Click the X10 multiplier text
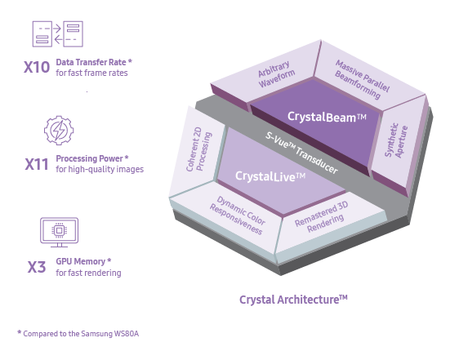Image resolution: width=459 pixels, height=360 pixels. pos(37,67)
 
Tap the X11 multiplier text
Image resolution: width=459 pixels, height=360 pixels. pos(37,164)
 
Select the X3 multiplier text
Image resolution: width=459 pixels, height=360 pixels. pos(37,267)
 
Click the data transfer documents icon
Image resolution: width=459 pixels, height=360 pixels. pos(58,34)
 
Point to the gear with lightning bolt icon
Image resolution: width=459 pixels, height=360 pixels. pos(59,131)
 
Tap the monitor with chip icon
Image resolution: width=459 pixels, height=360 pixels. pos(59,232)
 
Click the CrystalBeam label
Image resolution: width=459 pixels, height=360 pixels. pos(327,117)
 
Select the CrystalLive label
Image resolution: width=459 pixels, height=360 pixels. pos(270,176)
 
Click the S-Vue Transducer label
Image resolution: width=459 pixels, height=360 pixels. pos(301,153)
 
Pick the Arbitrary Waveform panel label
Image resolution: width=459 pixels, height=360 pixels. pos(276,74)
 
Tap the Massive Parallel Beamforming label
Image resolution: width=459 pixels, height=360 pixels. pos(362,79)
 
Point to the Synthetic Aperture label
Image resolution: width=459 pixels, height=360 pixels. pos(396,140)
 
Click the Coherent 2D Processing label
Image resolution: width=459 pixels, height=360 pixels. pos(198,149)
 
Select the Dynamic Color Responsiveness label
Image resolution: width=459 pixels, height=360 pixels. pos(238,216)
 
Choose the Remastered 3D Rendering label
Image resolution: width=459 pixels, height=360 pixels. pos(322,217)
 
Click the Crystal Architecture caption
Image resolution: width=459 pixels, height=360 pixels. pos(293,300)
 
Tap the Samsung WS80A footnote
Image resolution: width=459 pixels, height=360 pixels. pos(78,333)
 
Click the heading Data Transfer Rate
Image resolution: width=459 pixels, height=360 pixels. pos(94,62)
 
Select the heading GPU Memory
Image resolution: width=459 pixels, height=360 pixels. pos(83,261)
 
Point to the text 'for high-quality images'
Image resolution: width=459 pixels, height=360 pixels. pos(100,169)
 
